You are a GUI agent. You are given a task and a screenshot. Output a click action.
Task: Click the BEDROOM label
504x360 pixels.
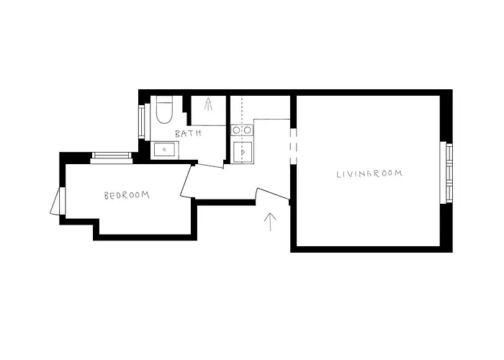[x=126, y=195]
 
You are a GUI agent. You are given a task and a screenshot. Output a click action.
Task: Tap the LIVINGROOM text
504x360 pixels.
[x=369, y=174]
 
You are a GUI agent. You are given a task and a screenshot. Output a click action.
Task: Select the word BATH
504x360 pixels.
[x=188, y=133]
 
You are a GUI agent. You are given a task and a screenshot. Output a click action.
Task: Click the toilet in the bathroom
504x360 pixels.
[x=162, y=111]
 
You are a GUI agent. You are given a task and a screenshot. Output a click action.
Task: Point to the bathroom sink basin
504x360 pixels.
[x=165, y=150]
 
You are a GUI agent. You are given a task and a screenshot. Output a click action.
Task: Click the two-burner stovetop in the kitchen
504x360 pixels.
[x=241, y=130]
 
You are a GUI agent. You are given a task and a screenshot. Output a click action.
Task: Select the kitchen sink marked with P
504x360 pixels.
[x=243, y=152]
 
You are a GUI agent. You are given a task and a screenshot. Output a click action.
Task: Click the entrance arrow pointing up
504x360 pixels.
[x=271, y=221]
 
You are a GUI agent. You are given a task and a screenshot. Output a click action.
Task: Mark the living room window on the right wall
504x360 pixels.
[x=449, y=173]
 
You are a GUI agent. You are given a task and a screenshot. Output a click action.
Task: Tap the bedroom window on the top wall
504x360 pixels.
[x=112, y=156]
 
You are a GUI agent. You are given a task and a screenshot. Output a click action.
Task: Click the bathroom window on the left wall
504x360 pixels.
[x=143, y=122]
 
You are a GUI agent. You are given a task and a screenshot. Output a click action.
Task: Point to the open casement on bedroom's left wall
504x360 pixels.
[x=56, y=201]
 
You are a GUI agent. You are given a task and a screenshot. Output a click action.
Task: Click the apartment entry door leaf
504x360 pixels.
[x=273, y=194]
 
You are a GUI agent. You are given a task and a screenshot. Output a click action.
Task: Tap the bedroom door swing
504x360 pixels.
[x=186, y=181]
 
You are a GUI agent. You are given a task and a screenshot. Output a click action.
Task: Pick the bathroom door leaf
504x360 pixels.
[x=210, y=166]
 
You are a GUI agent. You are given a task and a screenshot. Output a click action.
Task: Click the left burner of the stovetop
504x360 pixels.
[x=236, y=130]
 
